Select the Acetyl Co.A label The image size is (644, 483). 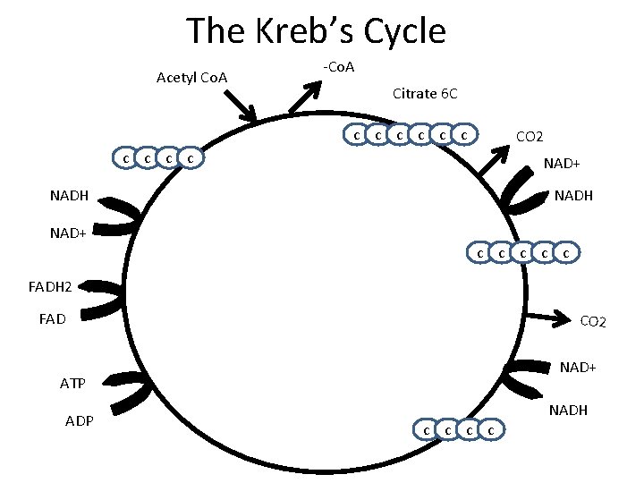point(191,78)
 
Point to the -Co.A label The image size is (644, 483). point(339,68)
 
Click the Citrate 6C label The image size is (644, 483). point(425,93)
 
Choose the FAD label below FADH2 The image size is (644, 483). point(53,318)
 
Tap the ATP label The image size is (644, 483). point(72,384)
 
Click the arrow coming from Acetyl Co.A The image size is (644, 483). point(239,107)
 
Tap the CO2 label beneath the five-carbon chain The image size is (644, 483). point(593,321)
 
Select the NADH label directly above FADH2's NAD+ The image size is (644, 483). point(69,196)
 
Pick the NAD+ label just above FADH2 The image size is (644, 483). point(68,233)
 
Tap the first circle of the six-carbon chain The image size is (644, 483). point(356,135)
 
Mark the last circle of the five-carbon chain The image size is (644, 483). point(565,254)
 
